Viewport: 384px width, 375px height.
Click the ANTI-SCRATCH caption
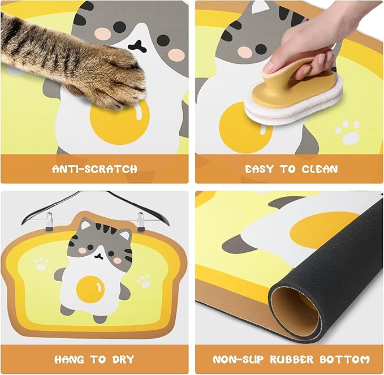click(x=94, y=169)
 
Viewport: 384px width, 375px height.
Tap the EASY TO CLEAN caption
click(x=291, y=169)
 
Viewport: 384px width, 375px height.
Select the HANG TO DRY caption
click(x=94, y=360)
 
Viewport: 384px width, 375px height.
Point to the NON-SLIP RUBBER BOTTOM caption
click(x=291, y=360)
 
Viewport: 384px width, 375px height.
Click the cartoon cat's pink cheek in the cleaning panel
click(x=244, y=52)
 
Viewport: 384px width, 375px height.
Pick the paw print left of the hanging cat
click(x=40, y=263)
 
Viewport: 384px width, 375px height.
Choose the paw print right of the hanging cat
click(x=144, y=280)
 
